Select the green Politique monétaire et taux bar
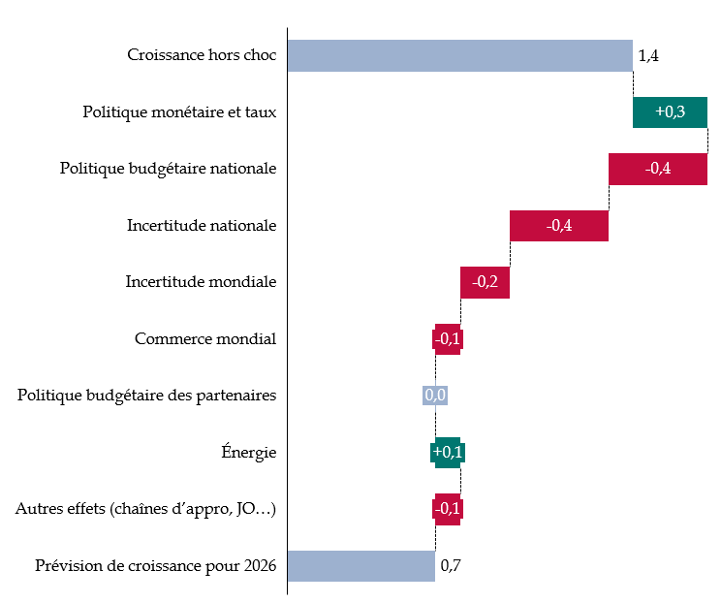click(670, 111)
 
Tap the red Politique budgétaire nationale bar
click(657, 169)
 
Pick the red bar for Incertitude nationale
click(558, 226)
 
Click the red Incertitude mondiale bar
click(485, 282)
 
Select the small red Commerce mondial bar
click(447, 339)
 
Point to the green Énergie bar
click(447, 453)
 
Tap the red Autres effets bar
click(447, 509)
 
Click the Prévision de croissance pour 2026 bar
click(360, 565)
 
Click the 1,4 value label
click(648, 56)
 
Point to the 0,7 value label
click(451, 565)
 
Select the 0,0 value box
click(434, 396)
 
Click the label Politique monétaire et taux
click(179, 112)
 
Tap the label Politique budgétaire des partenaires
click(147, 396)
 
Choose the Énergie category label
click(249, 452)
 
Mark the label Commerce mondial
click(205, 339)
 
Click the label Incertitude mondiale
click(201, 282)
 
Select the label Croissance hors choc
click(202, 55)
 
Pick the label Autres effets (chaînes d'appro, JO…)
click(145, 509)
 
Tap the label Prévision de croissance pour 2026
click(155, 565)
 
